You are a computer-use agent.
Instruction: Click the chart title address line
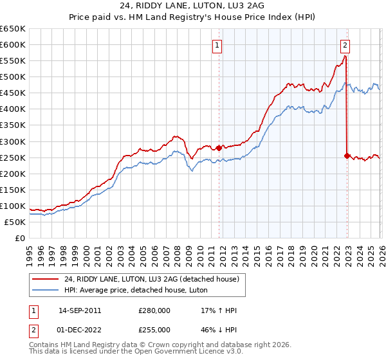pos(192,6)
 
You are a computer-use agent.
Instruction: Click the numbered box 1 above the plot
pos(217,45)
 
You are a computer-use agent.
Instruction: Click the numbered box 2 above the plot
pos(345,45)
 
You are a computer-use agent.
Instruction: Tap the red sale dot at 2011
pos(219,148)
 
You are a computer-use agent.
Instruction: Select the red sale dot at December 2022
pos(347,156)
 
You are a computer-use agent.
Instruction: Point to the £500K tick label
pos(13,77)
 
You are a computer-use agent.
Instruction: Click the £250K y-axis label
pos(13,157)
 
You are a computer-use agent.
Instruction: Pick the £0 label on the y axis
pos(19,238)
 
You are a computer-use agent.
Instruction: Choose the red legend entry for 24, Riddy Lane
pos(151,279)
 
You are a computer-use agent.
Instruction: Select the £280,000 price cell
pos(154,310)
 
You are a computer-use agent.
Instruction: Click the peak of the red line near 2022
pos(345,56)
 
